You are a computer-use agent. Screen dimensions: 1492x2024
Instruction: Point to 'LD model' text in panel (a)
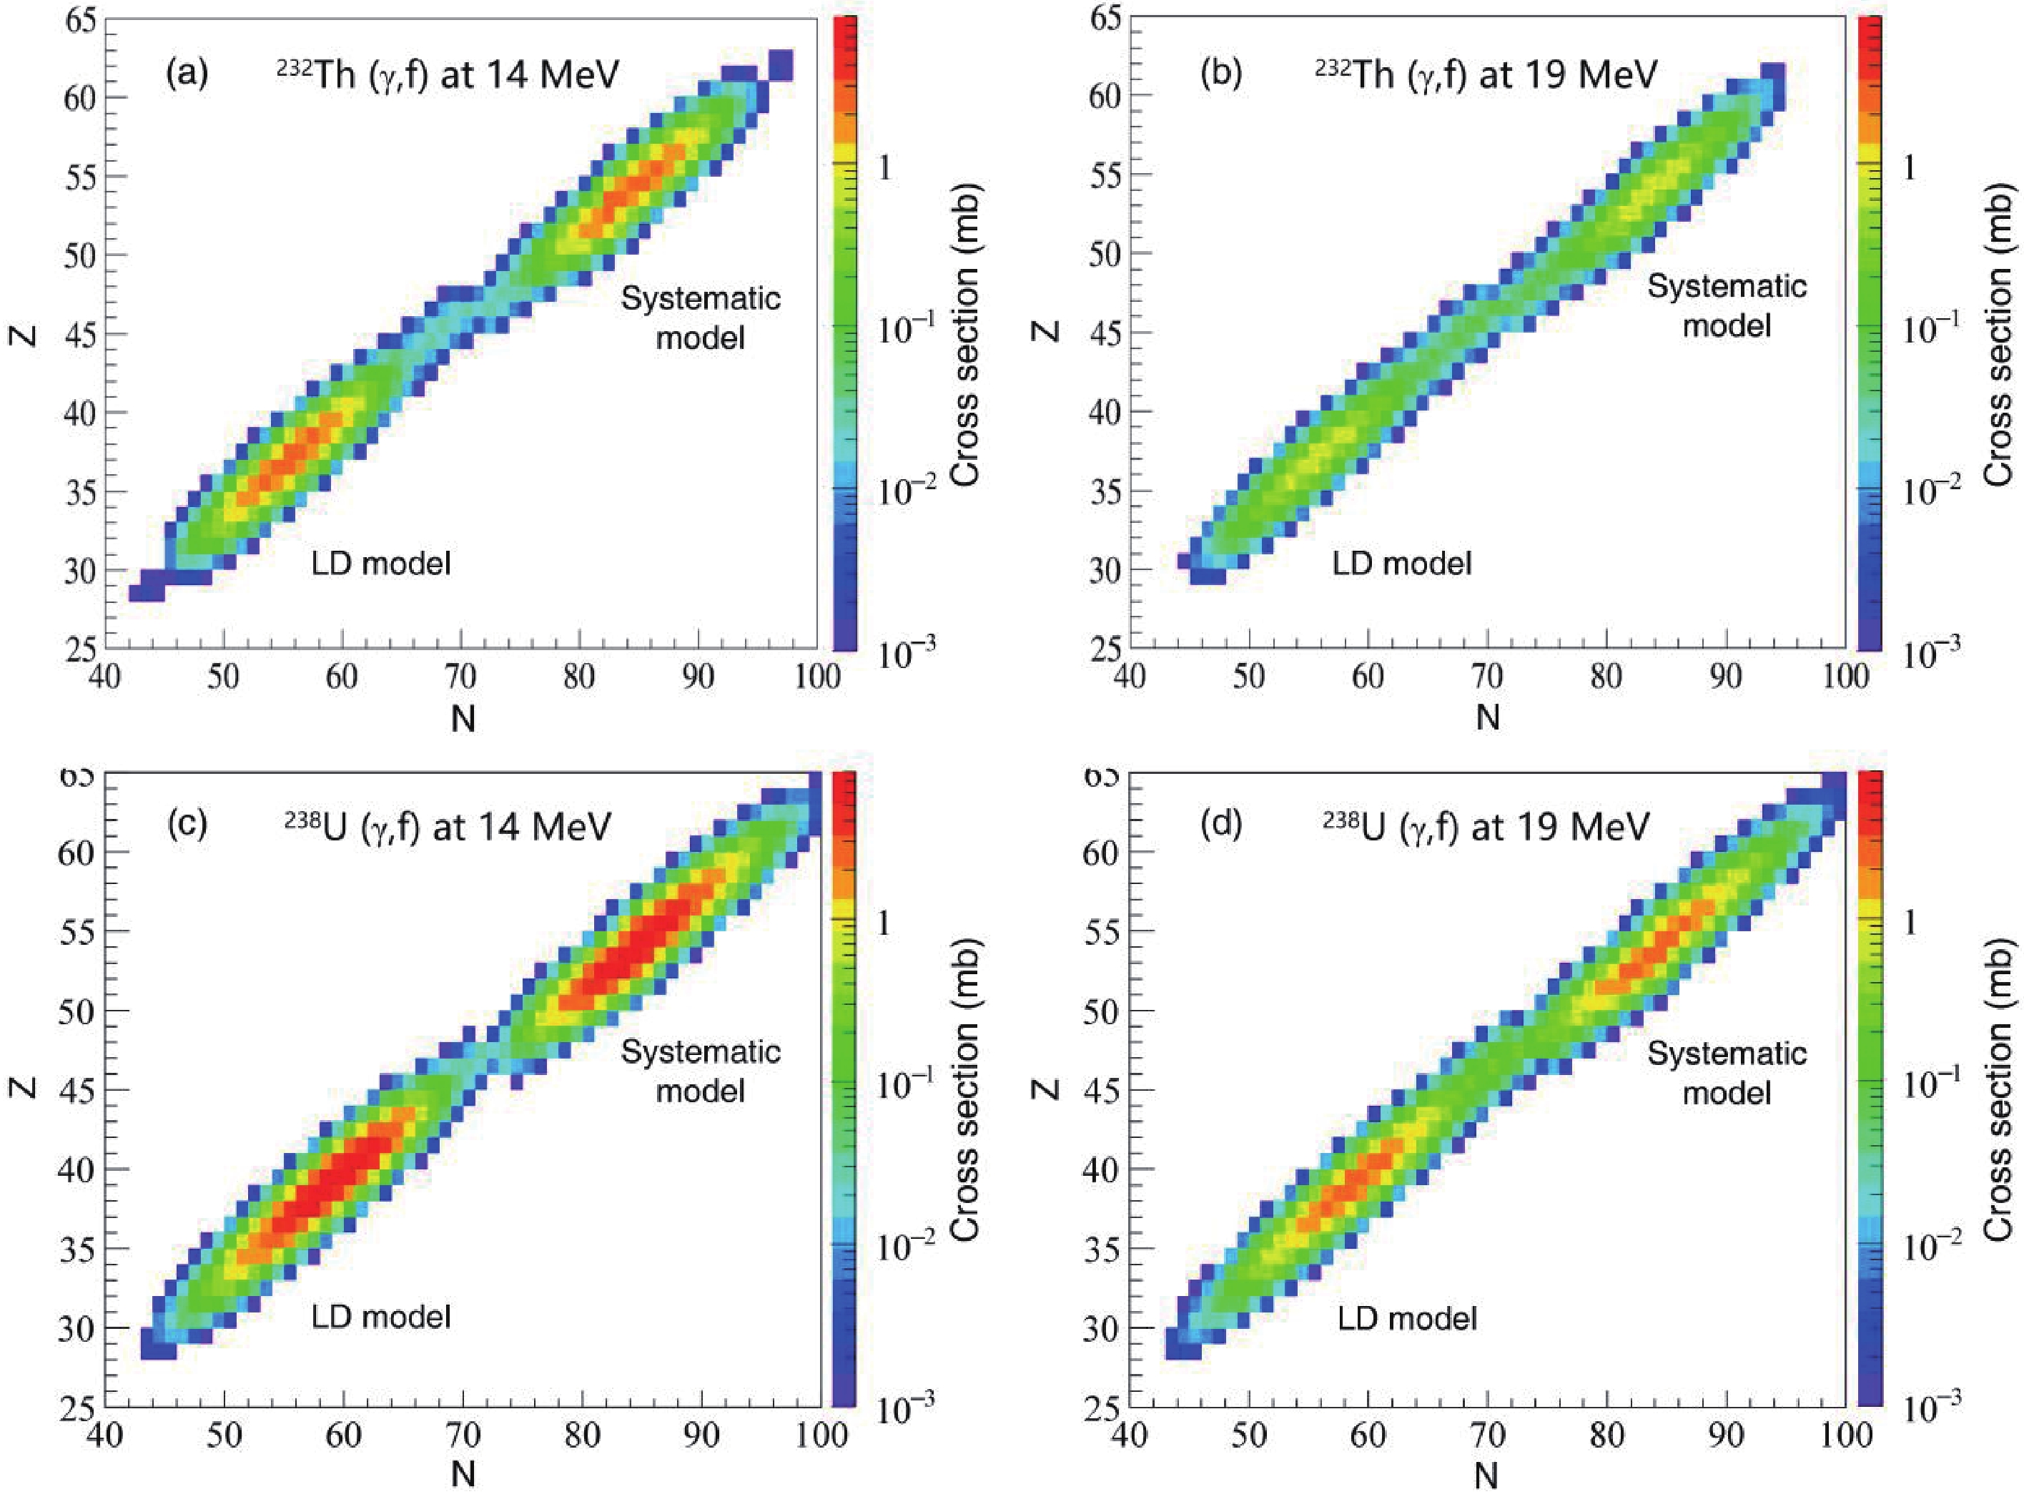click(x=380, y=564)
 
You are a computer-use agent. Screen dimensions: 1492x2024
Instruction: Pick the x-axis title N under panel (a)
click(x=463, y=719)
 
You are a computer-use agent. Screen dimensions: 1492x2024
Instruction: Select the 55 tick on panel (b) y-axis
click(x=1103, y=175)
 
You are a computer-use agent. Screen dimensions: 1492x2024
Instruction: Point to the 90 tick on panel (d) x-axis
click(x=1725, y=1433)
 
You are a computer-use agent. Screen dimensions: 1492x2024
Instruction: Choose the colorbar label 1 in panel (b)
click(x=1908, y=168)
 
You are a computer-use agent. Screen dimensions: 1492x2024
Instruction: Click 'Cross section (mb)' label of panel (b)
click(x=1999, y=334)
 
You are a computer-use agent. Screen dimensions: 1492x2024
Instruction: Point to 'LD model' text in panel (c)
click(x=380, y=1317)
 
